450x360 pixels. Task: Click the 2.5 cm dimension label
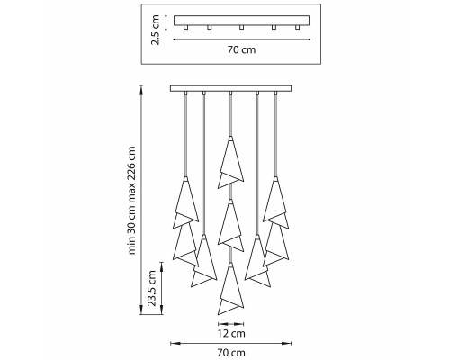[x=156, y=30]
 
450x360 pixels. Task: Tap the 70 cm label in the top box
[x=241, y=49]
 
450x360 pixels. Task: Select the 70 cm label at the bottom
[x=230, y=353]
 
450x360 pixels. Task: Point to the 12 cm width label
[x=230, y=333]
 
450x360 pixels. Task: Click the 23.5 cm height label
[x=152, y=288]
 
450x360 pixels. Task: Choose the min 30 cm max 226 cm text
[x=131, y=201]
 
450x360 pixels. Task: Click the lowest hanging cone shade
[x=230, y=289]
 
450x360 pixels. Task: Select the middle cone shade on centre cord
[x=230, y=225]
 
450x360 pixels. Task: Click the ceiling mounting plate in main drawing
[x=230, y=88]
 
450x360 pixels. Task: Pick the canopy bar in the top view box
[x=242, y=21]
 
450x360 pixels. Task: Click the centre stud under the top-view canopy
[x=241, y=27]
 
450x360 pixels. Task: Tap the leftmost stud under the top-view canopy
[x=186, y=27]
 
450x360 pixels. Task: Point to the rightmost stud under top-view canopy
[x=297, y=27]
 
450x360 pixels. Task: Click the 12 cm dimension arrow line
[x=230, y=324]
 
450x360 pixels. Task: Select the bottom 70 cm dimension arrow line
[x=230, y=343]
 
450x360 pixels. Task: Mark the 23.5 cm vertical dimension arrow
[x=162, y=288]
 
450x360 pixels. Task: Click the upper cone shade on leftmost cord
[x=185, y=202]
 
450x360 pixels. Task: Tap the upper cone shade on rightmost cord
[x=275, y=202]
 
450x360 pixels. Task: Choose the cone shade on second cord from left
[x=204, y=261]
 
